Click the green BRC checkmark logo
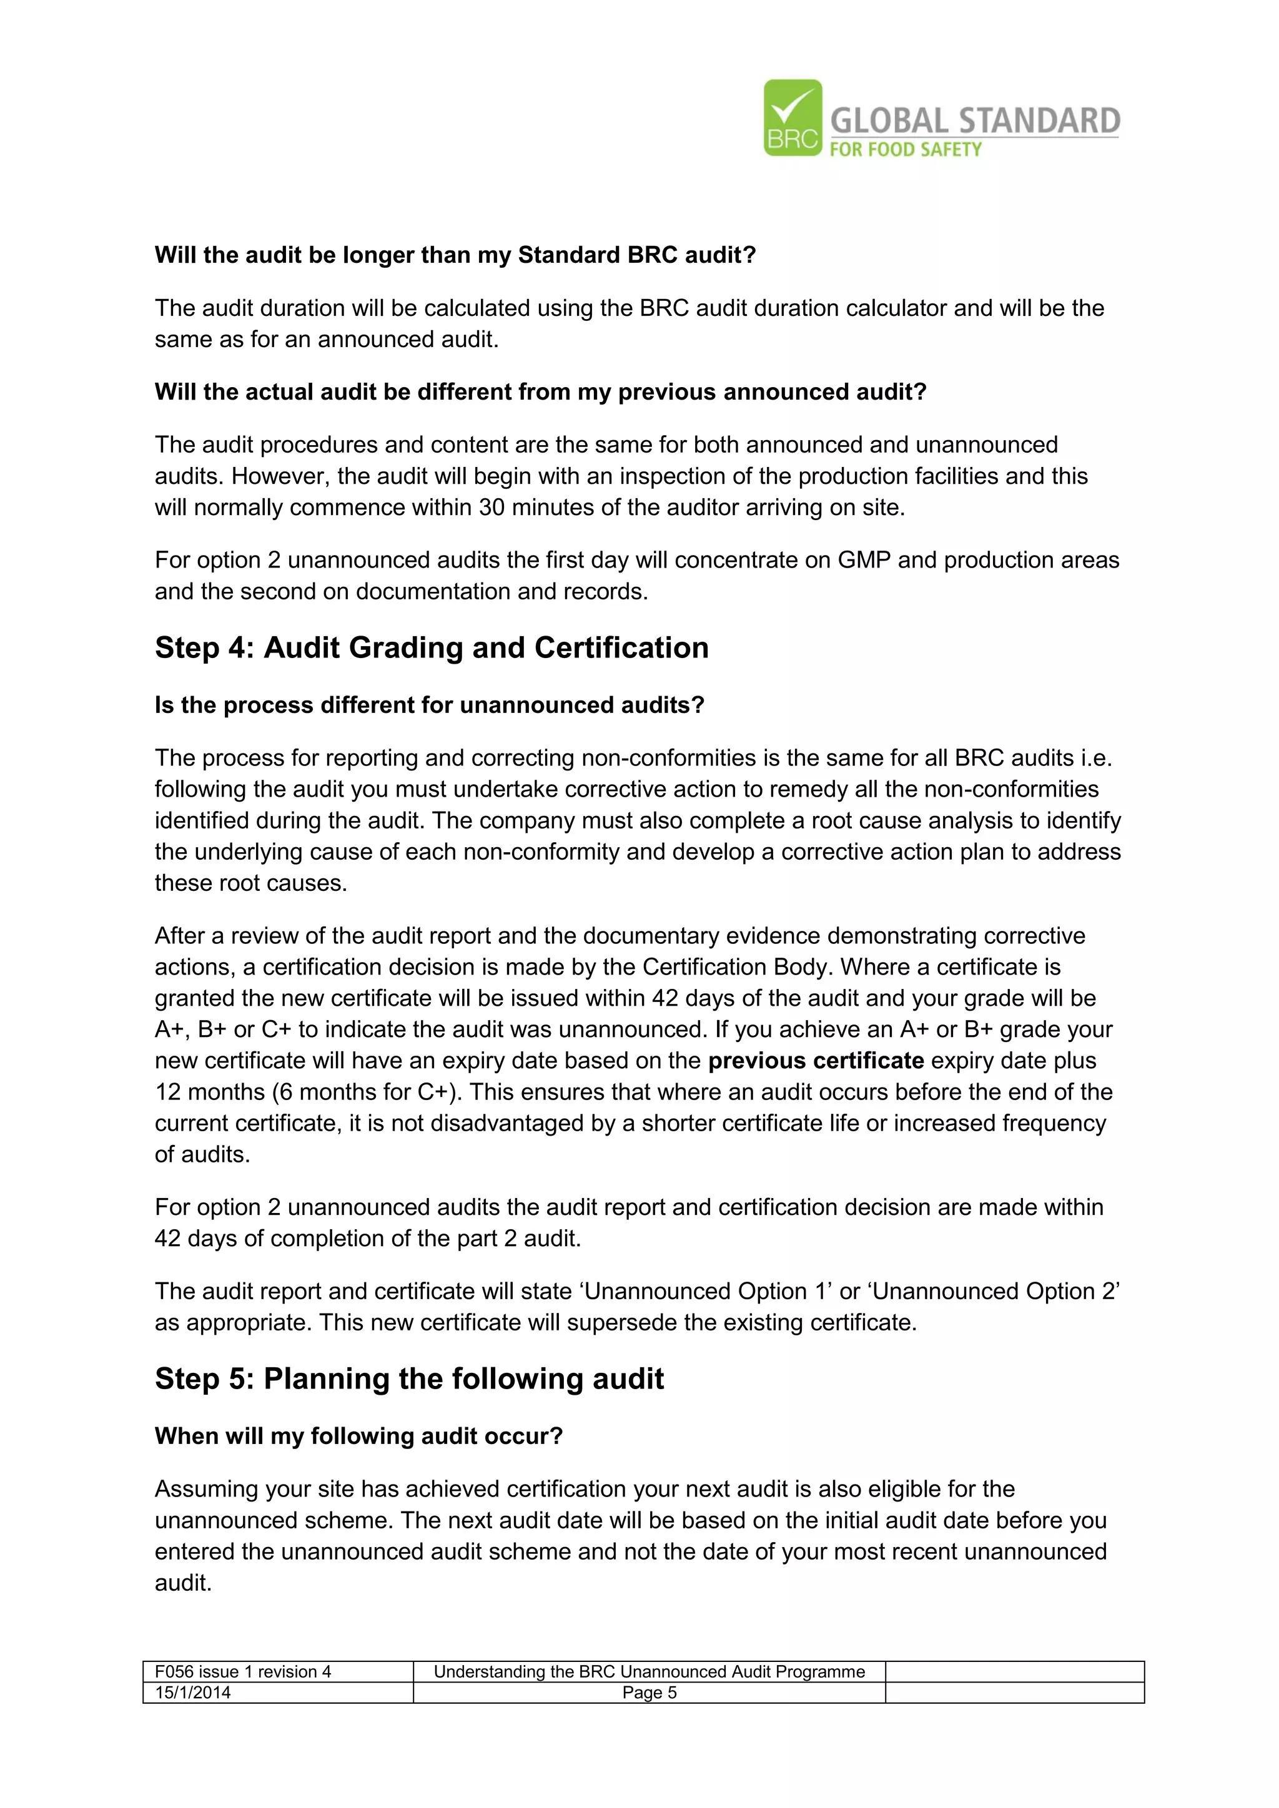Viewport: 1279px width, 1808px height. point(793,118)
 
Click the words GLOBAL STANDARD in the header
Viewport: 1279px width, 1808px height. point(975,120)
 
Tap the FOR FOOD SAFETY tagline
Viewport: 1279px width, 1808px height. point(906,150)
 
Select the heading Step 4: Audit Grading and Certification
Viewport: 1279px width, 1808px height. point(432,647)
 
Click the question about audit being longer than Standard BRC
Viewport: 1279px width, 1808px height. point(455,255)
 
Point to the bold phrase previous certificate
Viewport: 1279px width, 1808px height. point(815,1061)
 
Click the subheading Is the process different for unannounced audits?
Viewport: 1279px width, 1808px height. point(429,705)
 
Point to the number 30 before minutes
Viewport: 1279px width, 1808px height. point(491,508)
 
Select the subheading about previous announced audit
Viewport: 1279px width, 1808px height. point(540,392)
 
